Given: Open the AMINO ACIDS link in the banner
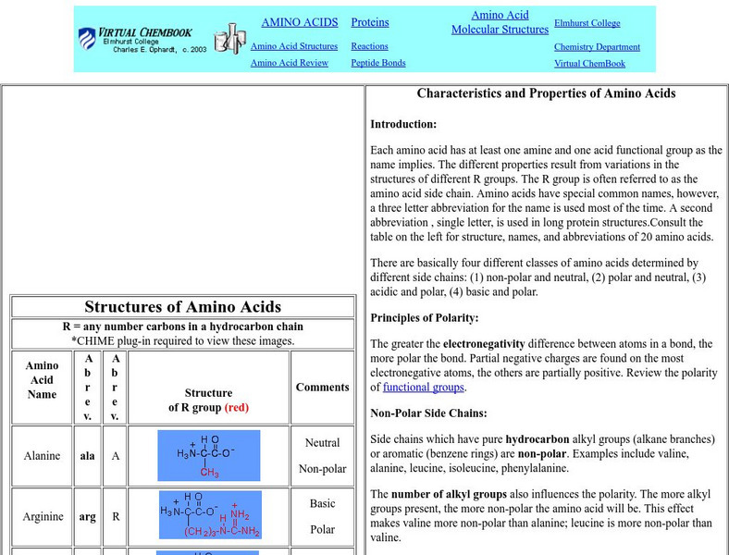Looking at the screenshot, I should click(x=299, y=22).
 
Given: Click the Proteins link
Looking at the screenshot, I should click(x=370, y=22).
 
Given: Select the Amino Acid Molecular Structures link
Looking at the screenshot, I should click(x=500, y=22).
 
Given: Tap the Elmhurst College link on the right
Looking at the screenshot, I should click(x=587, y=23).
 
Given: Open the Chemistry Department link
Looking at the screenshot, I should click(x=597, y=47).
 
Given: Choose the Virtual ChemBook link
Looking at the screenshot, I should click(x=589, y=64).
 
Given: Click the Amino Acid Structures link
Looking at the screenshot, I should click(x=293, y=46).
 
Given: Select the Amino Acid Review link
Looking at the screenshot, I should click(x=289, y=63).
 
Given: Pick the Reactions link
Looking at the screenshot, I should click(x=369, y=46).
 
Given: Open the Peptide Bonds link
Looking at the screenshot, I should click(x=377, y=63).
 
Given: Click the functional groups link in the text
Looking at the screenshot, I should click(x=423, y=388).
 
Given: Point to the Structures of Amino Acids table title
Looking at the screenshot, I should click(x=182, y=307).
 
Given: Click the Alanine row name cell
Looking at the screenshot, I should click(x=42, y=456).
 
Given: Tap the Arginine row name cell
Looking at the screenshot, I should click(x=42, y=516).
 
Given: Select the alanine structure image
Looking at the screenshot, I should click(x=208, y=455).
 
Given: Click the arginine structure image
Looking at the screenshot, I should click(x=210, y=514).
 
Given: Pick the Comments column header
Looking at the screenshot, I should click(x=322, y=388).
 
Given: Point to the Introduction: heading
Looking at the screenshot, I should click(x=403, y=124).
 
